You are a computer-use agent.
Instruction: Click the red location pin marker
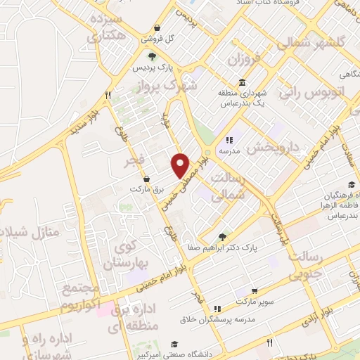(x=181, y=166)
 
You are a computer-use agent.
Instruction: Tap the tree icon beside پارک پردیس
(x=152, y=57)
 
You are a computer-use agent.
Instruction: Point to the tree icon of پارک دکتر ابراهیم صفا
(x=223, y=237)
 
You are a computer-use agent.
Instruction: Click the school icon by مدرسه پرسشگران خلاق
(x=217, y=308)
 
